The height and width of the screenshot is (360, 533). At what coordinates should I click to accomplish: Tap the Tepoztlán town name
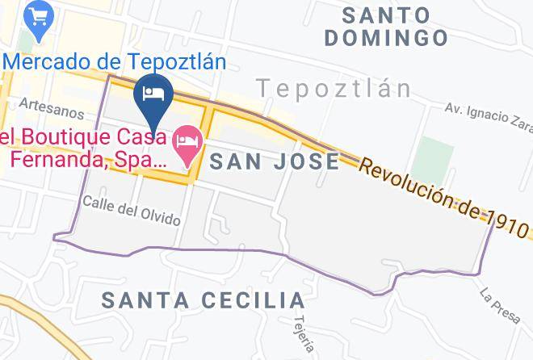coord(334,88)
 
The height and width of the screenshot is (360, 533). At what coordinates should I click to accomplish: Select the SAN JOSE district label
coord(275,161)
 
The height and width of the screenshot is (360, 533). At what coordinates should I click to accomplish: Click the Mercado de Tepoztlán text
coord(113,61)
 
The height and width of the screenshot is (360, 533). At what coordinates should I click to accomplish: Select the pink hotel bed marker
coord(188,144)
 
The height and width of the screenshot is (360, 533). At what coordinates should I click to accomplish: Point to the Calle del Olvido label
coord(131,210)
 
